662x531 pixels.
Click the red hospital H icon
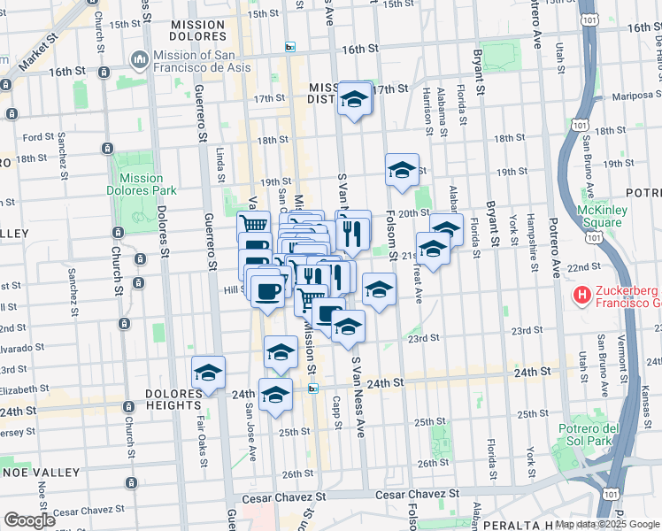click(x=582, y=294)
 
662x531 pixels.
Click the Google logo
click(x=29, y=520)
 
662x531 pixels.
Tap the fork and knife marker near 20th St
click(x=353, y=231)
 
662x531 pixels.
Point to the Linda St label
click(x=220, y=159)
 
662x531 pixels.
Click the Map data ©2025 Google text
click(x=606, y=523)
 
